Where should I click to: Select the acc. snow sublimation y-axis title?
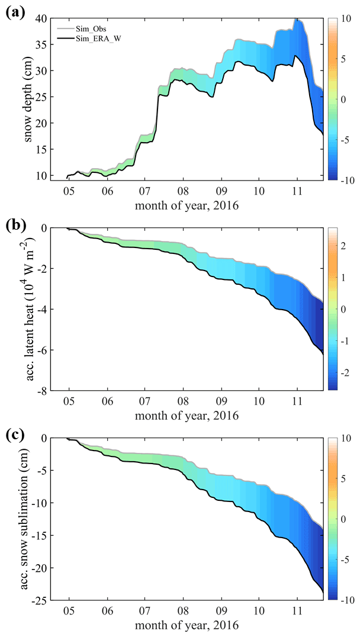pyautogui.click(x=28, y=519)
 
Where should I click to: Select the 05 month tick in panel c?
pyautogui.click(x=69, y=612)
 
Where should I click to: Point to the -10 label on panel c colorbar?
pyautogui.click(x=342, y=600)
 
